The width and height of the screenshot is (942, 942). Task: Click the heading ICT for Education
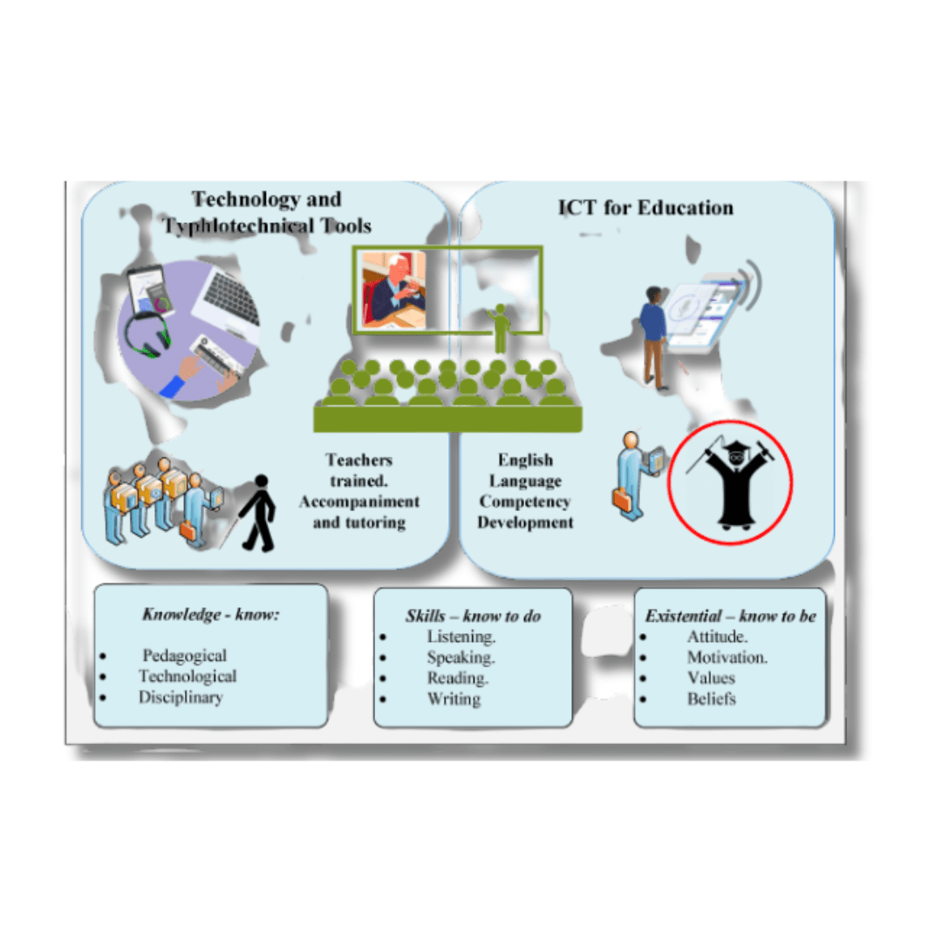[x=645, y=208]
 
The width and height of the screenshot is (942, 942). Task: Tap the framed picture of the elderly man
[x=393, y=290]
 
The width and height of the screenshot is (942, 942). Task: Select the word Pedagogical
[x=184, y=656]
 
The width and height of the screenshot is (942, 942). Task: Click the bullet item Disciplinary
[x=181, y=697]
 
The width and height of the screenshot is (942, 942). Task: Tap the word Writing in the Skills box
[x=454, y=699]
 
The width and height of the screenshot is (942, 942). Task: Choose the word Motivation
[x=727, y=657]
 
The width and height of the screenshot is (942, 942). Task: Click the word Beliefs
[x=711, y=699]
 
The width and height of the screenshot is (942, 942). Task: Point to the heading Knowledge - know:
[x=210, y=614]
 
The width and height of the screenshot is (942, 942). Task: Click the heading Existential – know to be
[x=730, y=616]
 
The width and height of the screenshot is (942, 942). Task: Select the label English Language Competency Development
[x=525, y=491]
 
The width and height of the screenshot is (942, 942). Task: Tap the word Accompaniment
[x=359, y=502]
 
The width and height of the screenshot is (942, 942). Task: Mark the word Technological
[x=188, y=676]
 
